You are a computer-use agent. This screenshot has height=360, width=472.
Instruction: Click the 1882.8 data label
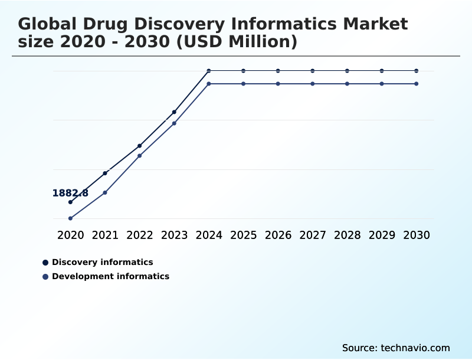(70, 193)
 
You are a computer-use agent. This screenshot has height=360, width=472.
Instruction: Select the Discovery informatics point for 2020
(70, 202)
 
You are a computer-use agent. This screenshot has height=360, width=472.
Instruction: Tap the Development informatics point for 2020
(70, 218)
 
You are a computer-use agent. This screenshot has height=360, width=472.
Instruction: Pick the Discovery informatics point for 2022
(139, 146)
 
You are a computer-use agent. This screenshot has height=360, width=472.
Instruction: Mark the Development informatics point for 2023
(174, 123)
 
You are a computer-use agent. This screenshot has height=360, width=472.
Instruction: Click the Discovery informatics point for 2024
(209, 71)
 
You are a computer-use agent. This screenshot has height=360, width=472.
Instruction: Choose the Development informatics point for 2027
(313, 84)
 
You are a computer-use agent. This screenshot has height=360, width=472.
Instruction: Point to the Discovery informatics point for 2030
(416, 71)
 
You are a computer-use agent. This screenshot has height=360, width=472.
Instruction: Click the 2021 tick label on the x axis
(105, 235)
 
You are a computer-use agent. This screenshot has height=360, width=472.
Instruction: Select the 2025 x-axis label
(243, 235)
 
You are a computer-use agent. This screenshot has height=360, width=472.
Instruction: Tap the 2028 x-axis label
(347, 235)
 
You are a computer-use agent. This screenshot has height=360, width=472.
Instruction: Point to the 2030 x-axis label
(416, 235)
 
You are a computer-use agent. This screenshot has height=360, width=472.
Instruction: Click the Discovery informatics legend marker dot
(45, 263)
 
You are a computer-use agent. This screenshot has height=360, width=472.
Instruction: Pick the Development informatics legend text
(110, 276)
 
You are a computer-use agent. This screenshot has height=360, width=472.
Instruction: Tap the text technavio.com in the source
(416, 348)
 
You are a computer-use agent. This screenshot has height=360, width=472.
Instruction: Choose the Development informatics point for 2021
(105, 192)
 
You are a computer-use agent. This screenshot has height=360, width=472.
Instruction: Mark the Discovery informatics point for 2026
(278, 71)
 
